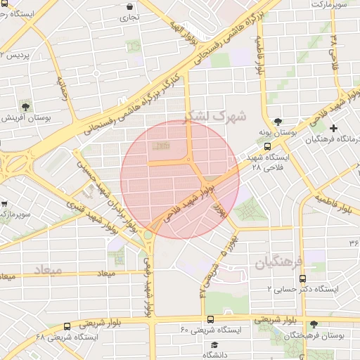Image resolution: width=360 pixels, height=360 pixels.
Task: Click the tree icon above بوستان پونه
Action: [278, 121]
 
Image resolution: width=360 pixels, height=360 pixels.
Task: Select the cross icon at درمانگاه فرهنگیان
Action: [333, 128]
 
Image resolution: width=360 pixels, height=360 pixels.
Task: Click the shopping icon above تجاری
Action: [130, 6]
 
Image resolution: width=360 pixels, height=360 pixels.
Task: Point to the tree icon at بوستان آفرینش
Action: [26, 106]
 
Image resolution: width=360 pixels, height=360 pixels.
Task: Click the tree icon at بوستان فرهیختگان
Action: [314, 325]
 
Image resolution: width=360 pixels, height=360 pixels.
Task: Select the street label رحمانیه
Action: [67, 89]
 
